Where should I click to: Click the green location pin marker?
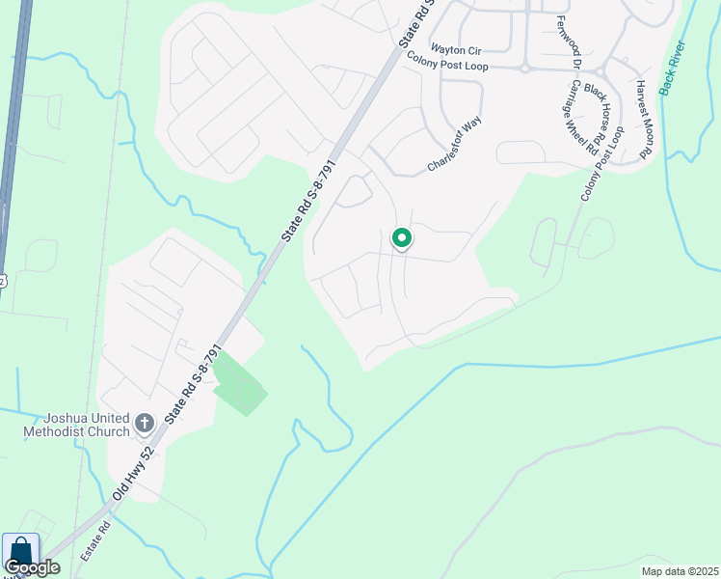pos(401,238)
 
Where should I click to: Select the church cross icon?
pos(144,422)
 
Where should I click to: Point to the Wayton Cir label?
pos(455,49)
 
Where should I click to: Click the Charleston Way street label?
pos(454,146)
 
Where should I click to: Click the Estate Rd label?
pos(97,542)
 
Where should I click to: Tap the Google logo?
pos(32,567)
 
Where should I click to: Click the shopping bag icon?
pos(20,553)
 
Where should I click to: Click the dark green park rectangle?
pos(237,384)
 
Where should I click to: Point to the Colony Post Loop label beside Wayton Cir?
pos(447,66)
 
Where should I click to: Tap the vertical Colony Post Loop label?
pos(602,163)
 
